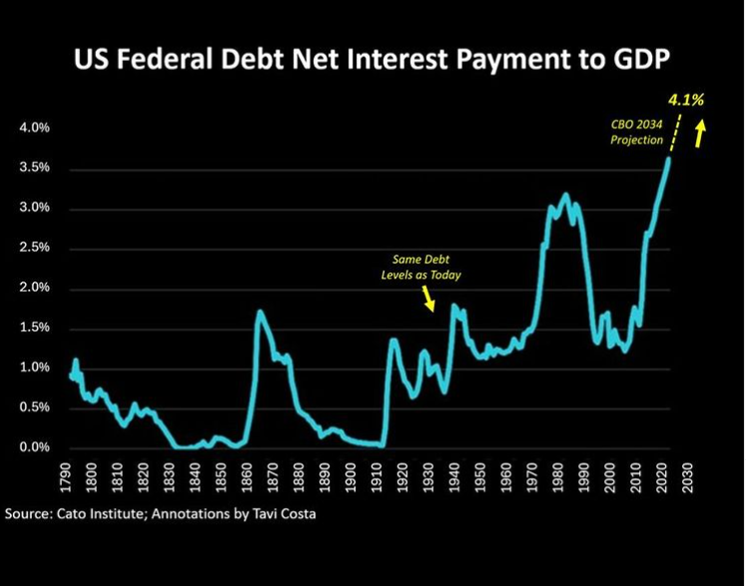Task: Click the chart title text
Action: tap(373, 63)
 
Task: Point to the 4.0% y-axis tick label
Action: tap(33, 129)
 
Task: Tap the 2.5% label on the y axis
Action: tap(33, 249)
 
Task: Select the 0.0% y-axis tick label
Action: tap(33, 448)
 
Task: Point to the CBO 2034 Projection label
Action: tap(636, 133)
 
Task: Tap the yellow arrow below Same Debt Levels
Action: tap(428, 297)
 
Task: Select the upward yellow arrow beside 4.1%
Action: tap(701, 133)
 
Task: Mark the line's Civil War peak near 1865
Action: tap(261, 311)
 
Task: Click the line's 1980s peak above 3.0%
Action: tap(565, 195)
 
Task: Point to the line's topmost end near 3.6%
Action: tap(668, 158)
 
